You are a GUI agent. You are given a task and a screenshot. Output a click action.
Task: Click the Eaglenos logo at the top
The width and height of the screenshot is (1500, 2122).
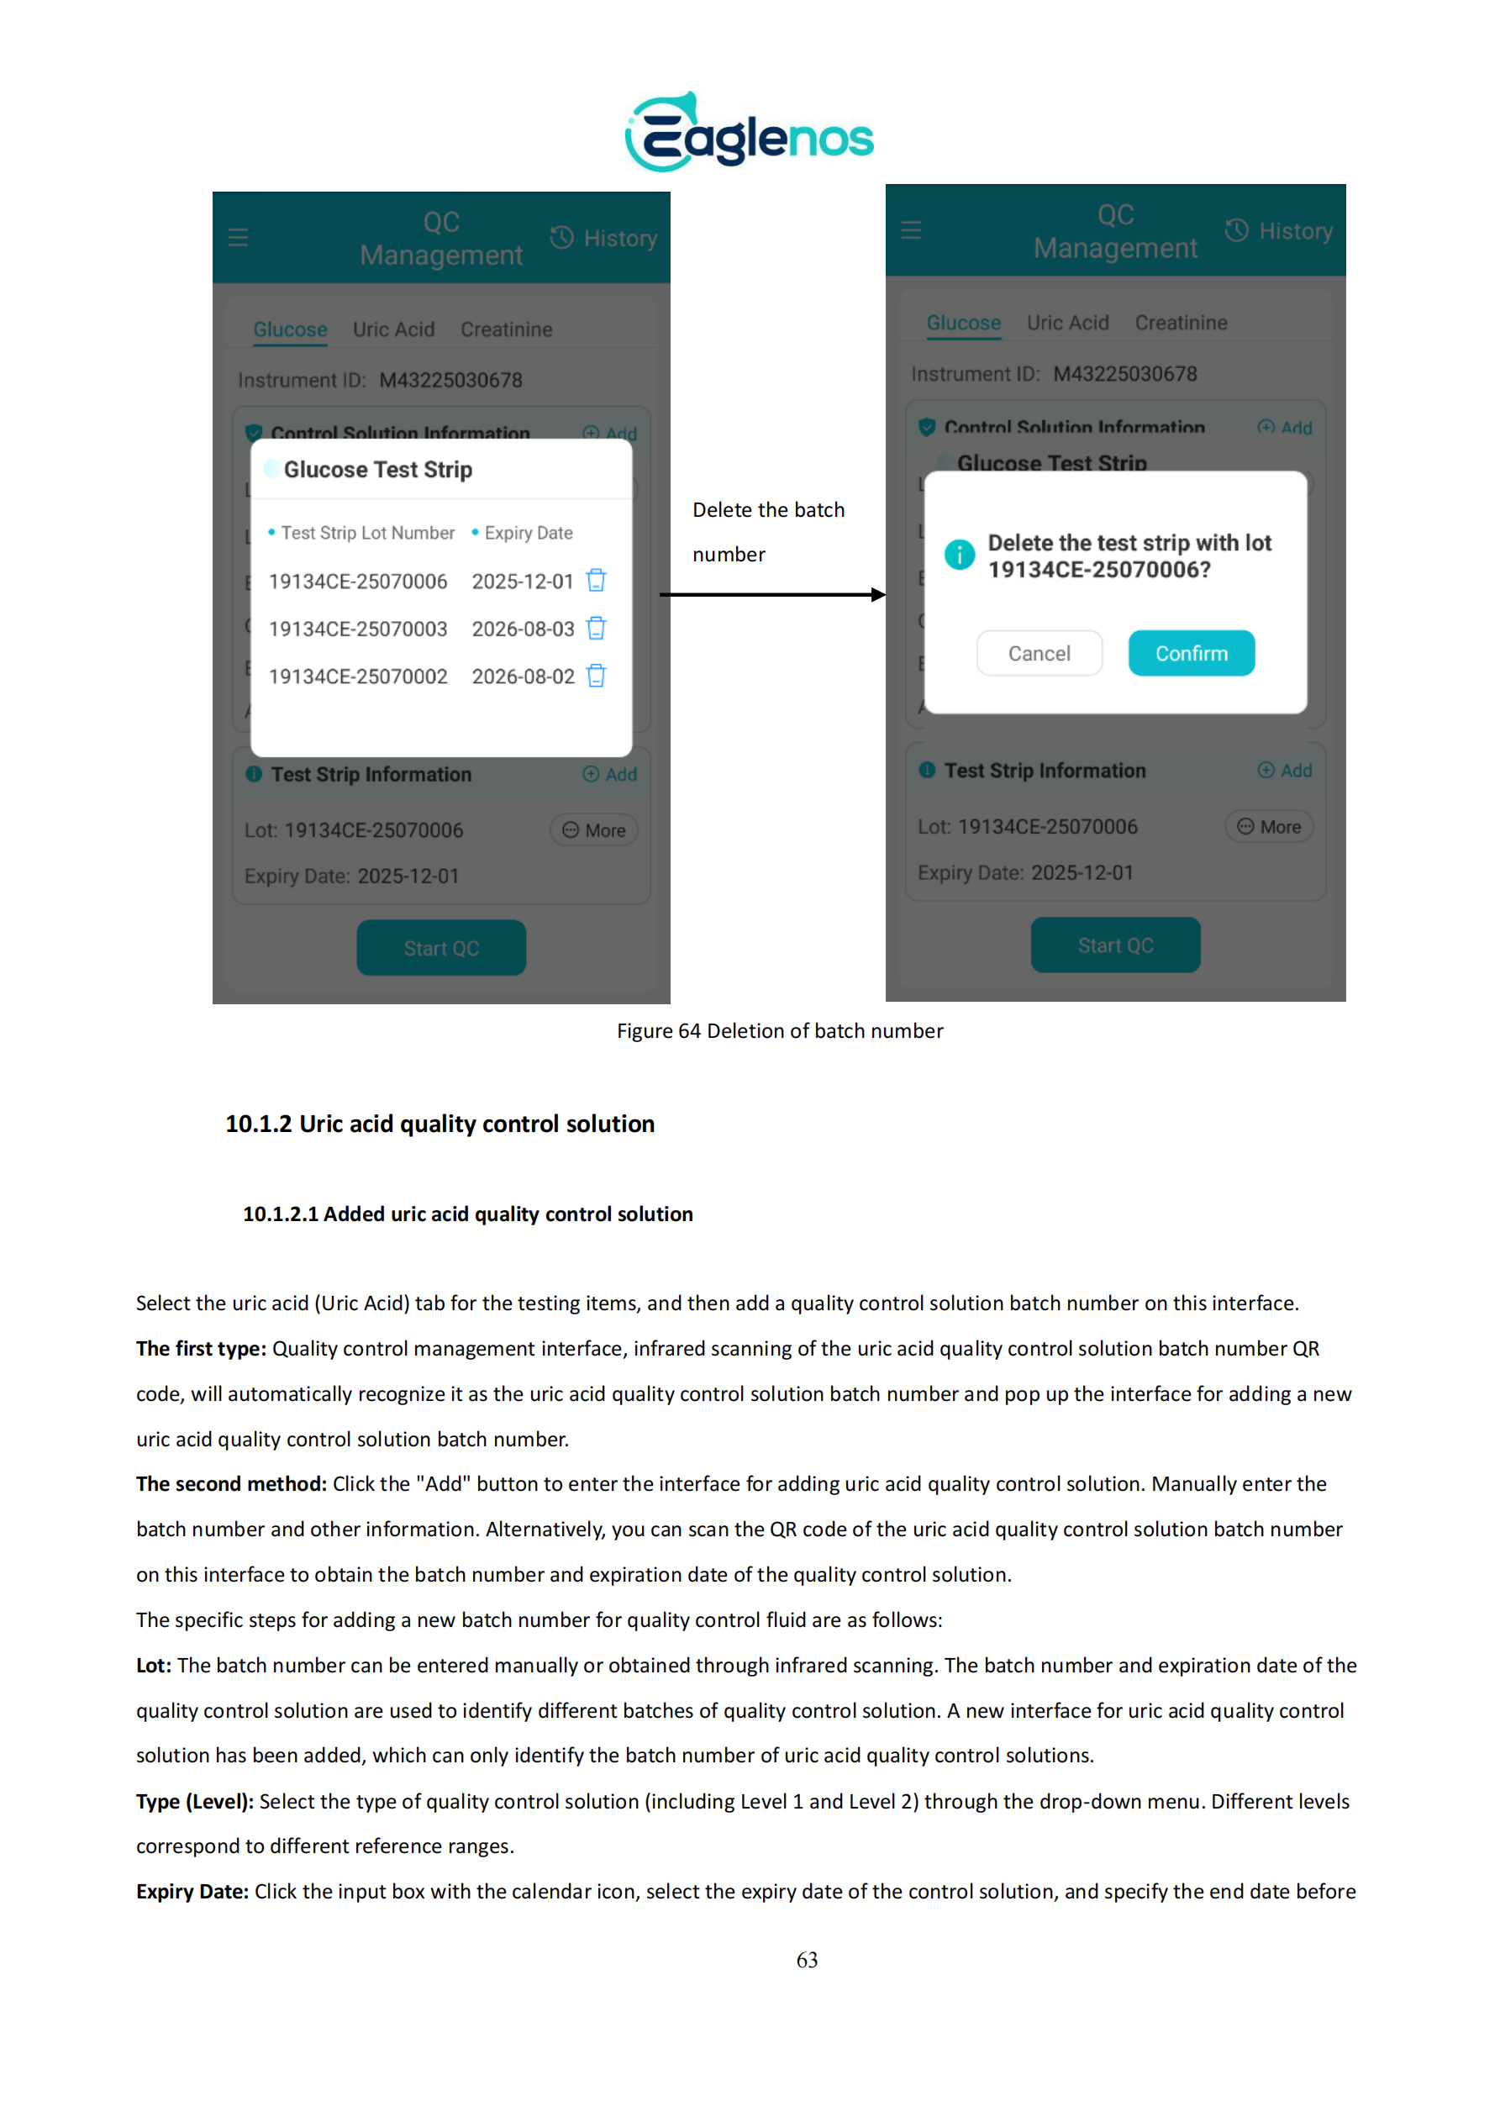749,132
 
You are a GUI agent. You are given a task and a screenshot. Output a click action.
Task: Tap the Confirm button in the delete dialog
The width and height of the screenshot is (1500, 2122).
1191,654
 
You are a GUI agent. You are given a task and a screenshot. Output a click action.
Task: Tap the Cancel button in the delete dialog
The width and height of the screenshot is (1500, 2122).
1039,654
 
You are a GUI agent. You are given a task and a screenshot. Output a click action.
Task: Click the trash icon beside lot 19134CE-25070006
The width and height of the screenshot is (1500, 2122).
596,581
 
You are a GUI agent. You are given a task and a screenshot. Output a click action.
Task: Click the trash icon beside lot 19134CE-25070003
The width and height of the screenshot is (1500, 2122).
596,629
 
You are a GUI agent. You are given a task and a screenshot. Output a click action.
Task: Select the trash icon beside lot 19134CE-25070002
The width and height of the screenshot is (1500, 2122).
596,677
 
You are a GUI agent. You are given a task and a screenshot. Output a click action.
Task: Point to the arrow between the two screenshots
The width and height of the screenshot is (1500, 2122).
771,595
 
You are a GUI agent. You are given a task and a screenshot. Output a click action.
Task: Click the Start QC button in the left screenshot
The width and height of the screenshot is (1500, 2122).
441,947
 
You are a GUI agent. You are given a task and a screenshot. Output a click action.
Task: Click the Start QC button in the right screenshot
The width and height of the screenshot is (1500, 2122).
1114,945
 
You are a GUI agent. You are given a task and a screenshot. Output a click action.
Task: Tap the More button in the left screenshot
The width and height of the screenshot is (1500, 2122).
594,830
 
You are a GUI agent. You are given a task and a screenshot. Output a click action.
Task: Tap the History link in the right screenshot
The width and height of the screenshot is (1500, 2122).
1279,231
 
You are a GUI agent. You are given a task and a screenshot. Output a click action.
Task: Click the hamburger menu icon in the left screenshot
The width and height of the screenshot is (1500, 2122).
239,238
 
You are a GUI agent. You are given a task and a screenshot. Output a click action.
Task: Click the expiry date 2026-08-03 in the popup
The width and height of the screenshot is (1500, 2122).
523,629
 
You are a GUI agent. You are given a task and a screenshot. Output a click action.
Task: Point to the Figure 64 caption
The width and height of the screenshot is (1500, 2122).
779,1030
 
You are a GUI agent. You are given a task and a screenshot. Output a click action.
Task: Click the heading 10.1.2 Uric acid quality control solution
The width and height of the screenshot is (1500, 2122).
440,1124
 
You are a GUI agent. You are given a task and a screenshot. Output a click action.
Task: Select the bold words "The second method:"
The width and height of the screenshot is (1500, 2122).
231,1483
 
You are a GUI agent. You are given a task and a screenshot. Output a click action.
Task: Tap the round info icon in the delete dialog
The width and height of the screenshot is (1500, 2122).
960,555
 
